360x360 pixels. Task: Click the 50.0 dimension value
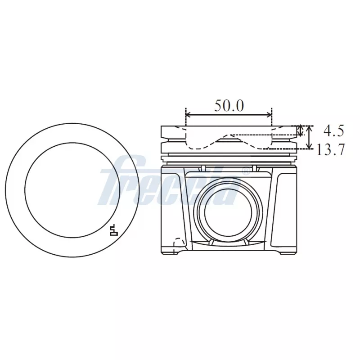(229, 106)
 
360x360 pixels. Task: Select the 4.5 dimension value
(333, 131)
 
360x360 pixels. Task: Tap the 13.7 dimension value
(331, 149)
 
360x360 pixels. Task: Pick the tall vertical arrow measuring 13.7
(309, 137)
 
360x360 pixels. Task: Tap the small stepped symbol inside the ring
(114, 230)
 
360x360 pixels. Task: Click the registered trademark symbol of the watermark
(245, 171)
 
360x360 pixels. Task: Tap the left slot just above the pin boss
(203, 168)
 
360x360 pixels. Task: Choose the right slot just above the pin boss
(255, 168)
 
